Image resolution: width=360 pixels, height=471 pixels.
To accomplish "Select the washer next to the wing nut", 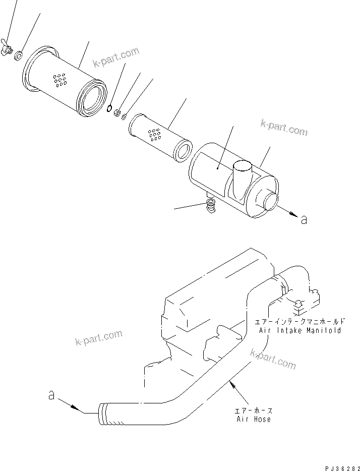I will tap(18, 53).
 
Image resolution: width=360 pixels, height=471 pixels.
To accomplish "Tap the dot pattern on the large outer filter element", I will tap(59, 80).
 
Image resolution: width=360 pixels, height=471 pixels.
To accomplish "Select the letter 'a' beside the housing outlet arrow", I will tap(303, 219).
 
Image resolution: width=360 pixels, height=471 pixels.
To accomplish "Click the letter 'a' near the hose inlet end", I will tap(51, 396).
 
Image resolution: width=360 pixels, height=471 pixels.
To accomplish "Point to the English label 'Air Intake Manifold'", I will tap(300, 330).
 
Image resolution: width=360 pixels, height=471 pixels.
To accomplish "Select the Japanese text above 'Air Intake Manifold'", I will tap(300, 321).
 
